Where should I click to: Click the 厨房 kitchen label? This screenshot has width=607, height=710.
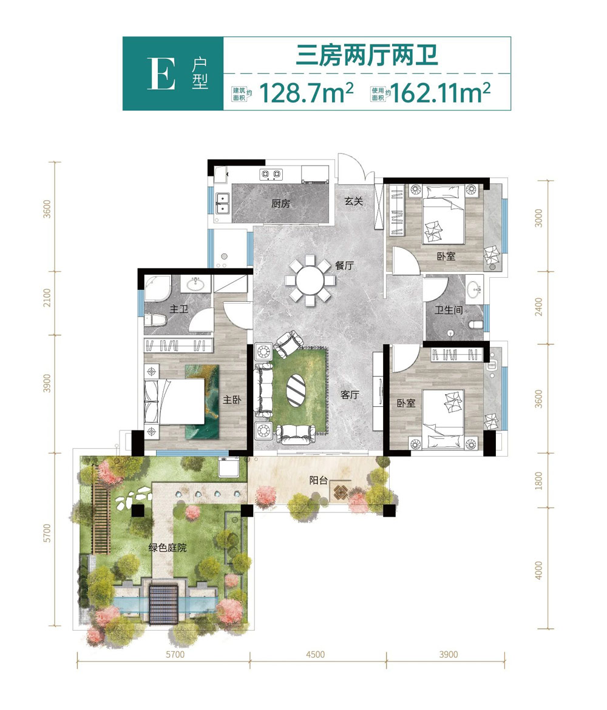point(280,204)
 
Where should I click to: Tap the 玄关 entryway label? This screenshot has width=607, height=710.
point(354,201)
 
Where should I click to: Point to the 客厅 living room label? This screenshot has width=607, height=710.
point(350,395)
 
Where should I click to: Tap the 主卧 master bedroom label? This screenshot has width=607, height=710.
point(232,400)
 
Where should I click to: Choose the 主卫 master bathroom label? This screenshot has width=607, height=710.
point(179,309)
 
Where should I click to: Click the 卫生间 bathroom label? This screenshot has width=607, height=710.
point(449,310)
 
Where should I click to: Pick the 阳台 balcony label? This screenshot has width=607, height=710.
point(318,480)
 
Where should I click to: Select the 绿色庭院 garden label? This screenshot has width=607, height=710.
point(168,548)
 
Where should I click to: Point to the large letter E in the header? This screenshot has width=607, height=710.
point(161,74)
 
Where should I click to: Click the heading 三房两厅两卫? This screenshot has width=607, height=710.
point(367,56)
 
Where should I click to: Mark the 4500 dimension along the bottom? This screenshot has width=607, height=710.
point(316,654)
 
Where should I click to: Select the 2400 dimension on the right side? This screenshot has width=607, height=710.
point(538,307)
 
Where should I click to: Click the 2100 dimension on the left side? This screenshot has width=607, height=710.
point(47,298)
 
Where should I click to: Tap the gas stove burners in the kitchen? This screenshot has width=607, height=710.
point(271,174)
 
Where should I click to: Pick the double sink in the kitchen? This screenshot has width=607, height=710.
point(223,203)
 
